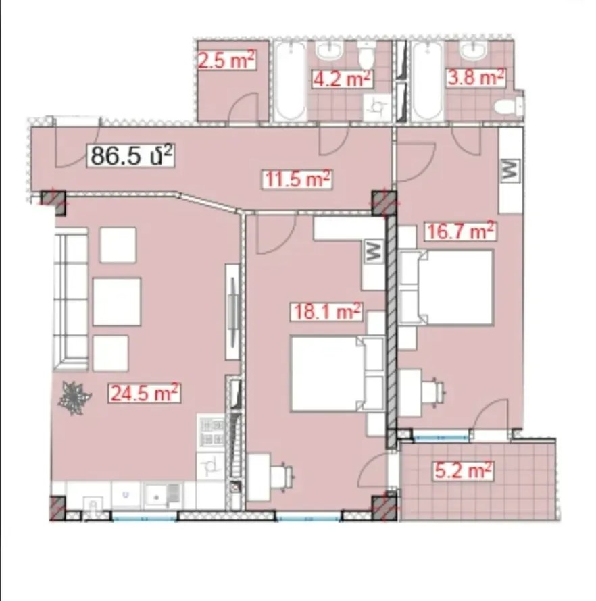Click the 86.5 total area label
pyautogui.click(x=131, y=155)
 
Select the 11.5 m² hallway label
pyautogui.click(x=297, y=179)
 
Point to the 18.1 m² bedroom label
pyautogui.click(x=326, y=311)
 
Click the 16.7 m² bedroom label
pyautogui.click(x=460, y=231)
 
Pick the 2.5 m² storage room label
pyautogui.click(x=226, y=61)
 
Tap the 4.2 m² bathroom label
pyautogui.click(x=342, y=78)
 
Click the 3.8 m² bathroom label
pyautogui.click(x=475, y=78)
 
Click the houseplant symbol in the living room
pyautogui.click(x=74, y=398)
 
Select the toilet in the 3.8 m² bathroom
pyautogui.click(x=508, y=105)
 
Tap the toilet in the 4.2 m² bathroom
pyautogui.click(x=366, y=55)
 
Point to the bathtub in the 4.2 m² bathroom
pyautogui.click(x=291, y=81)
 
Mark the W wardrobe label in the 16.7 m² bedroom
pyautogui.click(x=510, y=169)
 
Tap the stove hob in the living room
pyautogui.click(x=212, y=432)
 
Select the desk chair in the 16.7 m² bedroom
pyautogui.click(x=433, y=392)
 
